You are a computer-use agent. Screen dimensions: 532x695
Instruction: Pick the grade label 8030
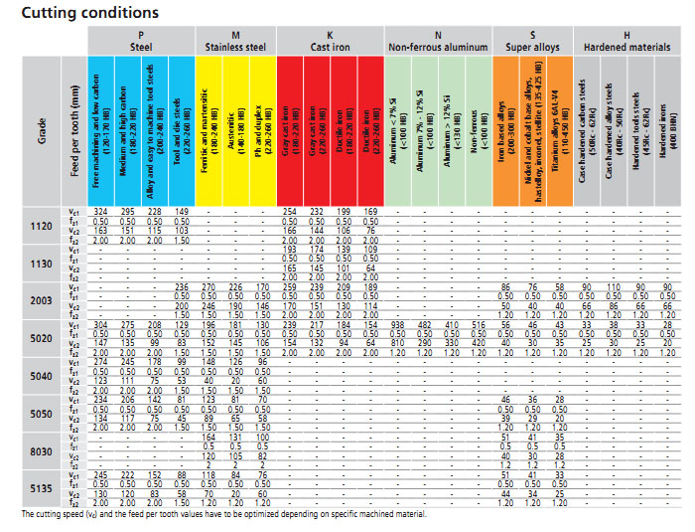41,450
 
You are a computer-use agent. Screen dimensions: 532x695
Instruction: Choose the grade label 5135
41,488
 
